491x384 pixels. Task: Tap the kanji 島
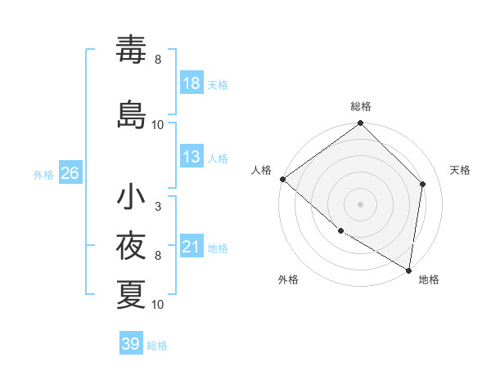coord(131,113)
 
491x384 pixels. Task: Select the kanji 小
coord(131,196)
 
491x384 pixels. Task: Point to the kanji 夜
coord(131,245)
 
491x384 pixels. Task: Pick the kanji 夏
coord(131,294)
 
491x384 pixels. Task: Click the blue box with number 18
coord(191,83)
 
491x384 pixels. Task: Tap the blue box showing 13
coord(191,158)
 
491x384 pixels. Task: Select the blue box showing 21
coord(191,247)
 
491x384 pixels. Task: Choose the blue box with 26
coord(70,173)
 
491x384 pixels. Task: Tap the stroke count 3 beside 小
coord(158,207)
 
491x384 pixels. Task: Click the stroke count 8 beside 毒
coord(158,60)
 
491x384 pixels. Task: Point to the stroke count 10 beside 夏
coord(158,305)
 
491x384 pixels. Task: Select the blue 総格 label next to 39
coord(157,346)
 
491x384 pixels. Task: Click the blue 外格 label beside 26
coord(43,174)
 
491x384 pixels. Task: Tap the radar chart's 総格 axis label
coord(361,106)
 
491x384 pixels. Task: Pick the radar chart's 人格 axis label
coord(261,170)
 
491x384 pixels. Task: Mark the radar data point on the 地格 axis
coord(408,270)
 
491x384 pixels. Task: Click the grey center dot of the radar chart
coord(361,203)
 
